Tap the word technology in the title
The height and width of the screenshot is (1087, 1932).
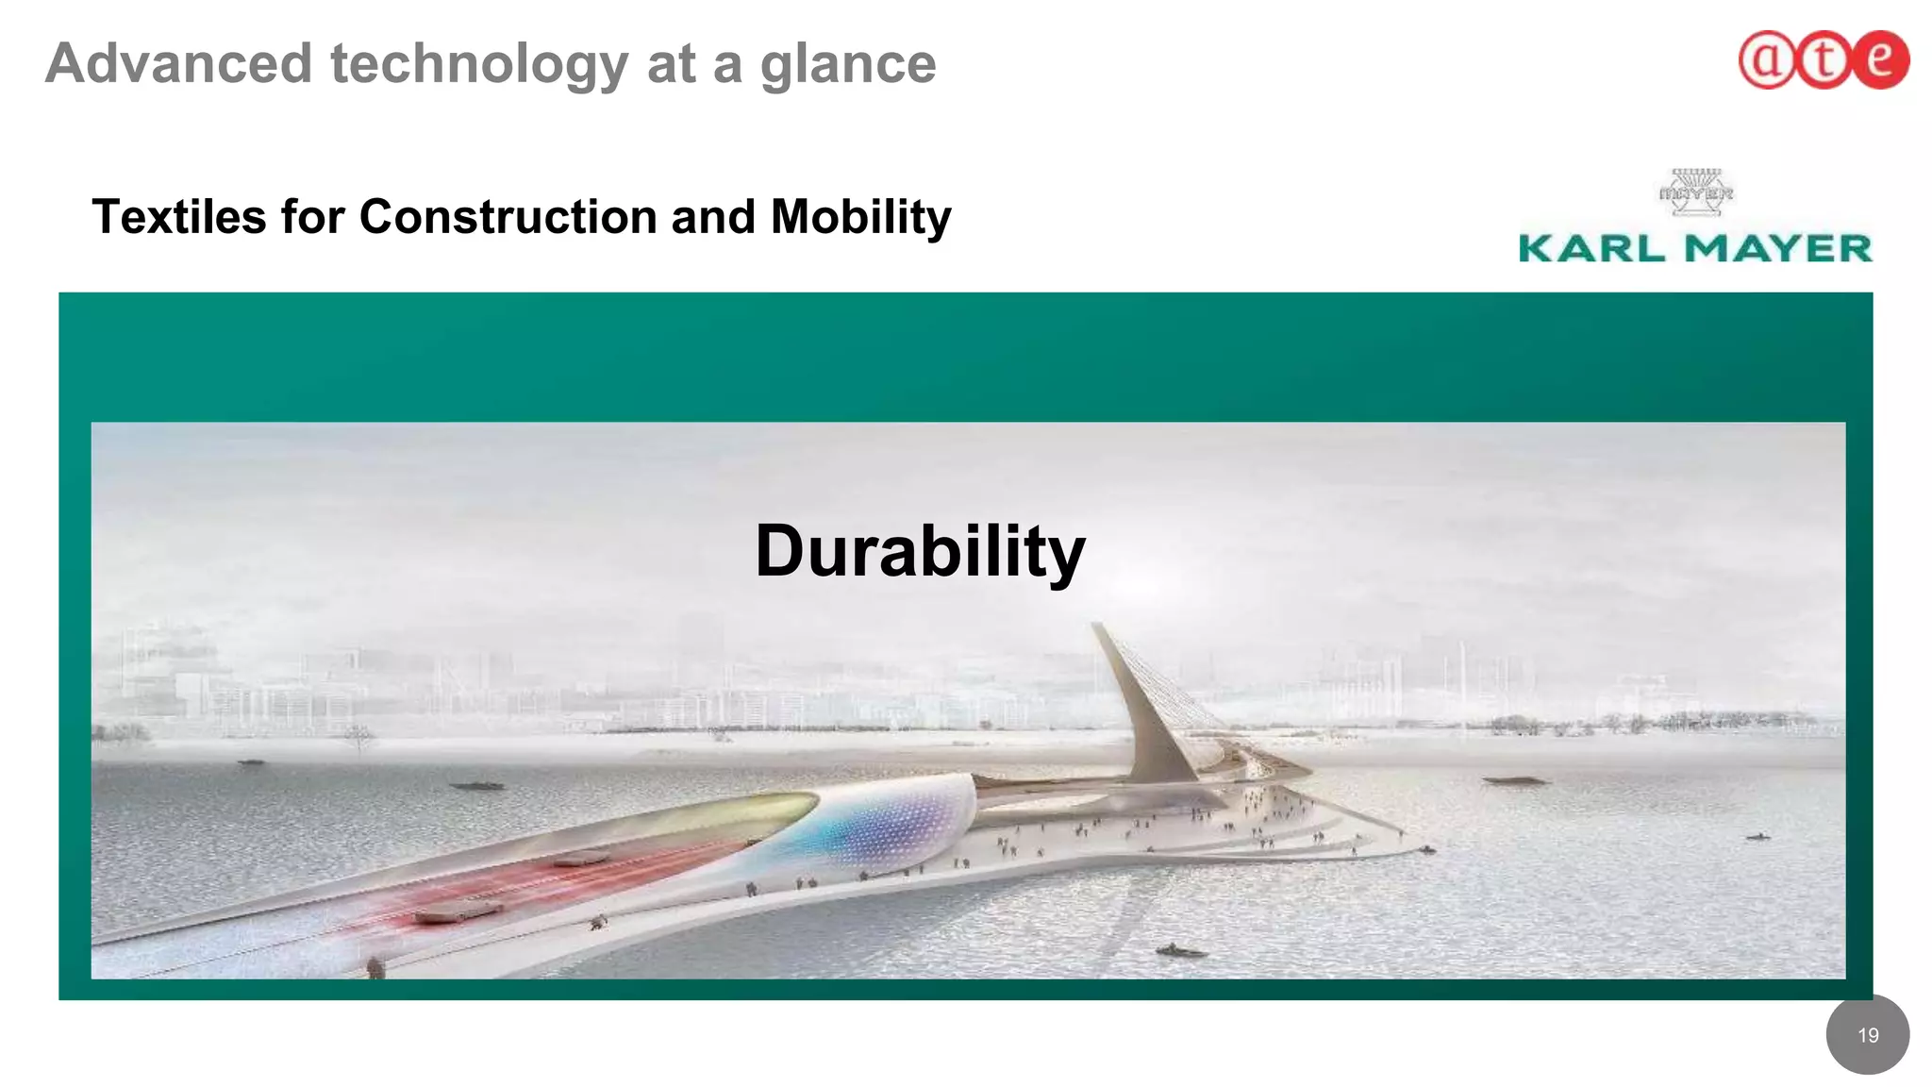(x=479, y=64)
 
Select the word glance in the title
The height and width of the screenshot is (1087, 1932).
(x=848, y=64)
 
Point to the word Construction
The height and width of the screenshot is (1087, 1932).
(x=508, y=217)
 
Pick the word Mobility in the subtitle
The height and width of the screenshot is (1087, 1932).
(x=860, y=217)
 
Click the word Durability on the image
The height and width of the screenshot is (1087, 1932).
(x=920, y=552)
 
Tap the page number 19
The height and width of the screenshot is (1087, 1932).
(x=1868, y=1035)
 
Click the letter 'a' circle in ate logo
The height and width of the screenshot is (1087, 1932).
(x=1765, y=60)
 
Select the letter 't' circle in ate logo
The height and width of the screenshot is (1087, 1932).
(x=1823, y=60)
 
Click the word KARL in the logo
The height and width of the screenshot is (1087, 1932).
(x=1591, y=249)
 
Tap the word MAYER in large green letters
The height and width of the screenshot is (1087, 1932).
(x=1778, y=249)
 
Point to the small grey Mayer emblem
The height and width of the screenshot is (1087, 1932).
(x=1695, y=192)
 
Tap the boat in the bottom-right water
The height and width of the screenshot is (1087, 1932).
(x=1179, y=951)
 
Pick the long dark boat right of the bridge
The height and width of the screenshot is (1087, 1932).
(x=1514, y=780)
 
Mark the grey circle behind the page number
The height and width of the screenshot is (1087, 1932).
(x=1868, y=1057)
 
